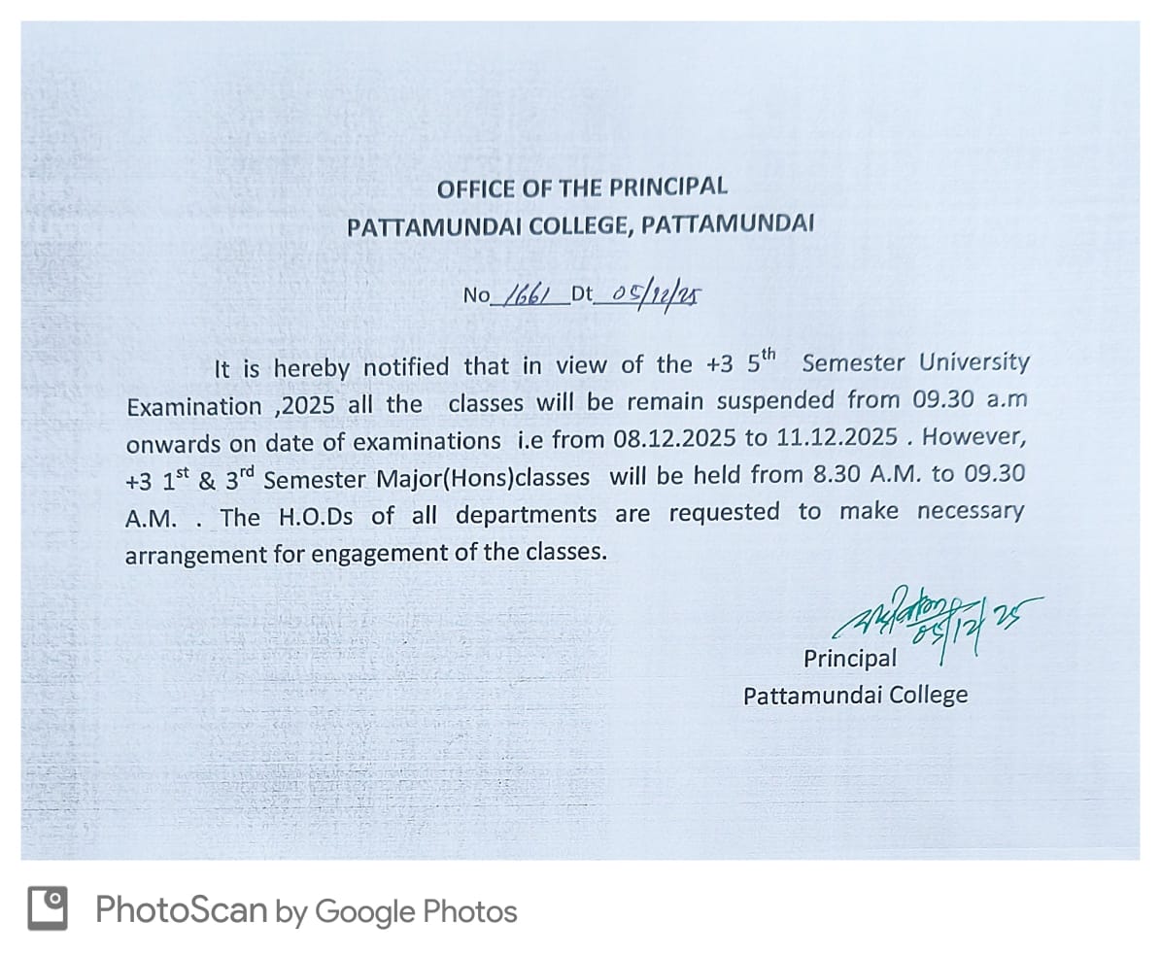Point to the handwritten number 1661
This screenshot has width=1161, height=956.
(531, 292)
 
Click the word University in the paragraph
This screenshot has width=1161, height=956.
(973, 363)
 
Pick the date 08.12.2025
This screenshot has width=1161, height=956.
(675, 438)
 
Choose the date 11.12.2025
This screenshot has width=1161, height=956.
(837, 437)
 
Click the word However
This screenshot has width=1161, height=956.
(973, 436)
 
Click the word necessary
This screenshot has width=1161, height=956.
(970, 511)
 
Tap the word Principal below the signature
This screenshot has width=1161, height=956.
(850, 659)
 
